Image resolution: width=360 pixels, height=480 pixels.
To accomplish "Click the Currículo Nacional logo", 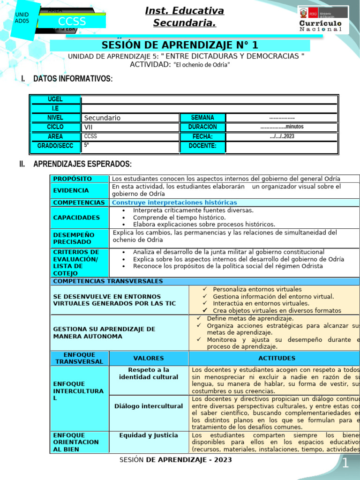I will (323, 19).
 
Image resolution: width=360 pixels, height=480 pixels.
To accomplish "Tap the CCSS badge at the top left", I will (72, 22).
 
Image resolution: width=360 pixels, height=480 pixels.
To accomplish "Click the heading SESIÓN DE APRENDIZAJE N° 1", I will (180, 45).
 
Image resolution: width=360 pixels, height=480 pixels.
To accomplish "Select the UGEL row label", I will (55, 99).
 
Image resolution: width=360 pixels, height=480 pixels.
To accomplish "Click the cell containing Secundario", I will (130, 118).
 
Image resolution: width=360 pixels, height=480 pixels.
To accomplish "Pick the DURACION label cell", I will (202, 127).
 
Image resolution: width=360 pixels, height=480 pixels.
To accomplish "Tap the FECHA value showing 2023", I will (282, 136).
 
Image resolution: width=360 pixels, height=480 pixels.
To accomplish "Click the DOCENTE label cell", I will (202, 146).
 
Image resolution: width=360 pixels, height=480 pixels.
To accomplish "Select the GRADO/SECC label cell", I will (55, 146).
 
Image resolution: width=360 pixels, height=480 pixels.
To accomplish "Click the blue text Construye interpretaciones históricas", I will (174, 202).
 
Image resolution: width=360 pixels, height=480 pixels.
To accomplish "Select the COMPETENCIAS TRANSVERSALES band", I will (108, 281).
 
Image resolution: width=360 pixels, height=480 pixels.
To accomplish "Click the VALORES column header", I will (149, 358).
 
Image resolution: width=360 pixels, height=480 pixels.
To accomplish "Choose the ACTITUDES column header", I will (277, 358).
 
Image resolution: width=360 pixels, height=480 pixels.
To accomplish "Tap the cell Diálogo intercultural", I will (149, 406).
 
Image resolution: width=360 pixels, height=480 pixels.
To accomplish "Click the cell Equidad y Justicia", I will (149, 435).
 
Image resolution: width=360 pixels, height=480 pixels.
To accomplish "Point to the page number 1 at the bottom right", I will (345, 464).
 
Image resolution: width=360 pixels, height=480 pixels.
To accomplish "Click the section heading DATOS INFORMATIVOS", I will (73, 79).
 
